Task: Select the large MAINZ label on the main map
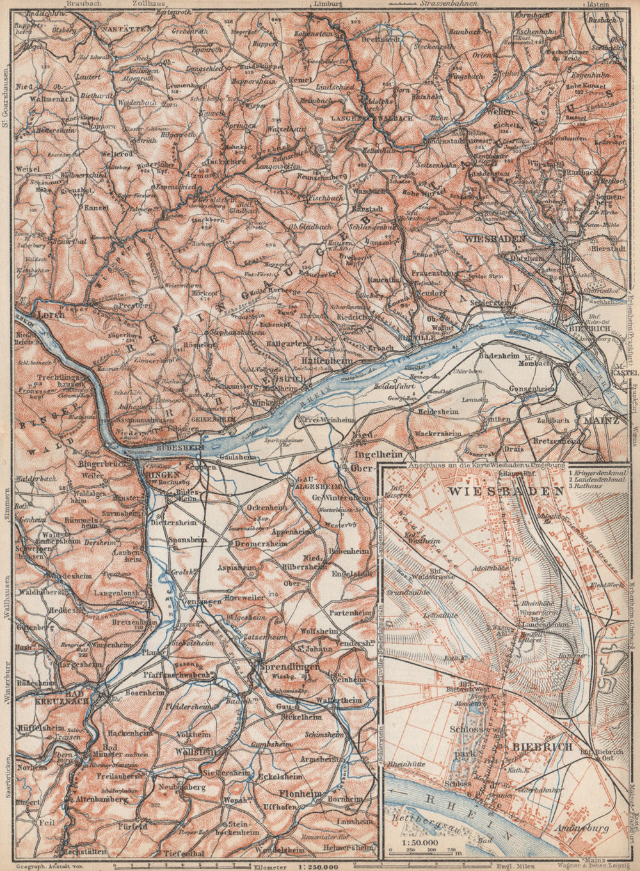coord(600,421)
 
